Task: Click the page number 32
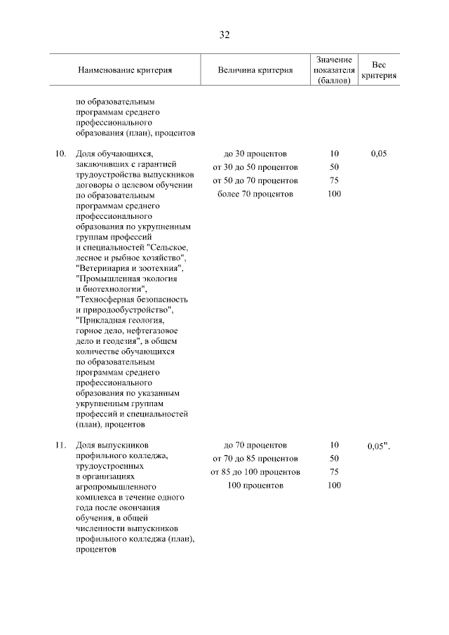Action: coord(224,34)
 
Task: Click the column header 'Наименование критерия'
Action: coord(125,70)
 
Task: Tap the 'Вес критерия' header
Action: coord(379,70)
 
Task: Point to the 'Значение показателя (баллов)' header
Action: coord(334,70)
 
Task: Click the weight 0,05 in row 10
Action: coord(377,154)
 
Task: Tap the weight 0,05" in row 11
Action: coord(379,446)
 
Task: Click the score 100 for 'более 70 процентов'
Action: coord(334,194)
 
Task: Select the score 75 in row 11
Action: coord(334,472)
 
